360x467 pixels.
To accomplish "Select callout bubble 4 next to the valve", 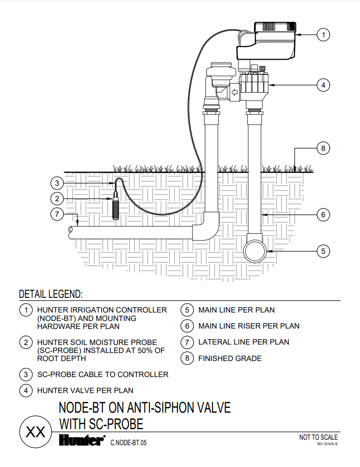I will [x=323, y=85].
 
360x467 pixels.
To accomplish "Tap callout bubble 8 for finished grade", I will [x=323, y=148].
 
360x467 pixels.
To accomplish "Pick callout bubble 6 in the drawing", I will [x=323, y=215].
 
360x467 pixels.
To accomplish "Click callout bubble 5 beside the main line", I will [x=323, y=251].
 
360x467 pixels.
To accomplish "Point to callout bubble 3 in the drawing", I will [x=57, y=183].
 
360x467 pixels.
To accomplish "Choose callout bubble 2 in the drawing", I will [x=57, y=199].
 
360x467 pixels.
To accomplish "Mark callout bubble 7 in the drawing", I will [x=57, y=214].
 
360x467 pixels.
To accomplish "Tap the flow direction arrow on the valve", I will [x=234, y=93].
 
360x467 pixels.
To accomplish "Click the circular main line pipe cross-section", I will [x=255, y=252].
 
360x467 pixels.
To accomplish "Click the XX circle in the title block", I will [x=36, y=432].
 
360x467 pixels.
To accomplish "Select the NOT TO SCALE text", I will [x=318, y=437].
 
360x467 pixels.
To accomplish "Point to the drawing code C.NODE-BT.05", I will [x=128, y=443].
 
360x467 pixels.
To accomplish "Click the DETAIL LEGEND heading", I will [x=50, y=294].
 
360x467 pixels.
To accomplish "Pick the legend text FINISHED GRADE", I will [x=230, y=358].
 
